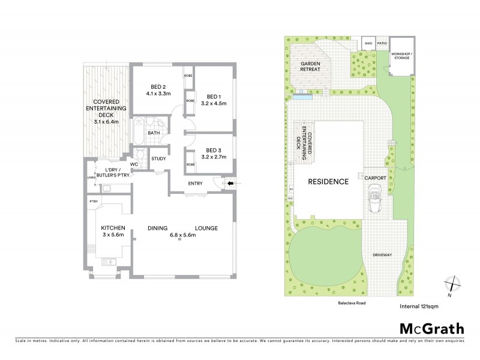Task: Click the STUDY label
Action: point(158,159)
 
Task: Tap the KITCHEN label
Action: point(112,228)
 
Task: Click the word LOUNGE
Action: point(206,228)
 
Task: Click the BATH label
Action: point(154,133)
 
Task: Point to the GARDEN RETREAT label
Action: point(310,66)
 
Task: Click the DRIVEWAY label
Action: point(382,255)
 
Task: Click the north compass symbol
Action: point(453,283)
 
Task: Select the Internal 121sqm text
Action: point(419,307)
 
